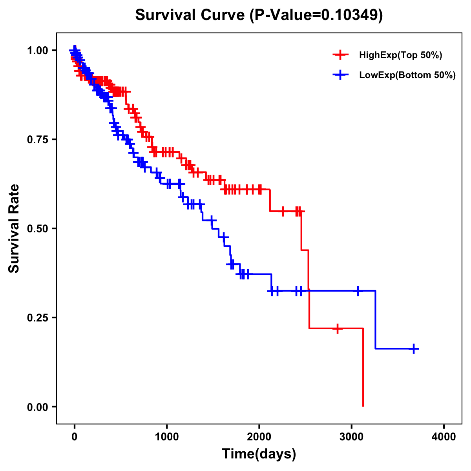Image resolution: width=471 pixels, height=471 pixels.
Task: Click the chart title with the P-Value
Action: point(259,15)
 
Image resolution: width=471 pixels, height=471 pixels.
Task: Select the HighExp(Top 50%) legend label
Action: point(400,55)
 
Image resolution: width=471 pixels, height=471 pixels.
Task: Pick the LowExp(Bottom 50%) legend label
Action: point(407,75)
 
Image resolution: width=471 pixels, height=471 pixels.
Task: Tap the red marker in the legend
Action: point(340,55)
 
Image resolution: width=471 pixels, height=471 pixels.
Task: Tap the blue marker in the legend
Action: point(340,75)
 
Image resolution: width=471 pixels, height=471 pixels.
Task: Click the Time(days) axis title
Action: point(259,454)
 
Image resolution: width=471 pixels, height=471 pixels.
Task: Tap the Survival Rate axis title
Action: point(14,228)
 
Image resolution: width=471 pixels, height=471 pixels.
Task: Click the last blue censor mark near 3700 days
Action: point(414,349)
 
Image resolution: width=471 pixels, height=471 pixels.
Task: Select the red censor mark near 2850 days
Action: point(337,328)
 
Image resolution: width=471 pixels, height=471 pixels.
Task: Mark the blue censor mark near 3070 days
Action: point(358,291)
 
